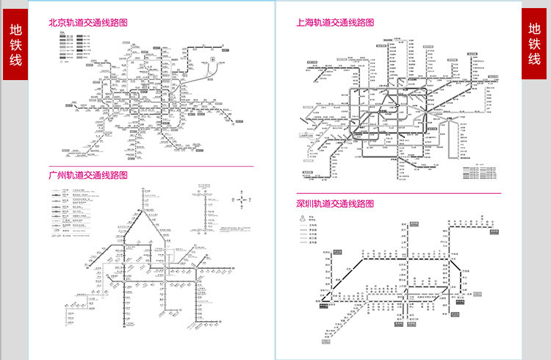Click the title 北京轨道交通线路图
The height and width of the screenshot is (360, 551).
pyautogui.click(x=88, y=23)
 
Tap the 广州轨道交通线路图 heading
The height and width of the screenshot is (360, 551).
pyautogui.click(x=87, y=176)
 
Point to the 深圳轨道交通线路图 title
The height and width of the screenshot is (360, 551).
pyautogui.click(x=335, y=203)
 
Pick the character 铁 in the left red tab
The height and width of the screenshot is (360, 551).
pyautogui.click(x=15, y=45)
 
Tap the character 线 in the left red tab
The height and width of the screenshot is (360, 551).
pyautogui.click(x=15, y=60)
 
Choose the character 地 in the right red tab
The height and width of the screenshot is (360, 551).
pyautogui.click(x=536, y=29)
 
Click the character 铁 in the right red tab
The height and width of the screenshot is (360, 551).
pyautogui.click(x=536, y=45)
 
